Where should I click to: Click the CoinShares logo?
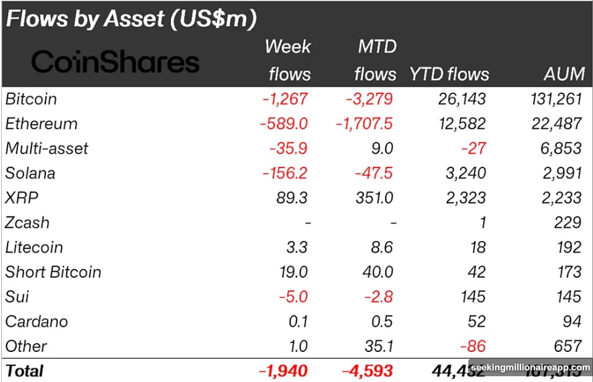click(115, 61)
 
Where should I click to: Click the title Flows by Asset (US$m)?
click(131, 19)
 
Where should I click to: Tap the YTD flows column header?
click(449, 74)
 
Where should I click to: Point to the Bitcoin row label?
click(31, 99)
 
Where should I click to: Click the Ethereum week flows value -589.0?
click(285, 123)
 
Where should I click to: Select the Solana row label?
click(30, 173)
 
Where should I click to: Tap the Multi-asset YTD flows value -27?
click(475, 148)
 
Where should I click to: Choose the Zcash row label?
click(27, 223)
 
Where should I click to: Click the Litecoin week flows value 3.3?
click(297, 248)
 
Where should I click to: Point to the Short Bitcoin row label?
click(53, 272)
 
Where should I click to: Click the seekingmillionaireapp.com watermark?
click(529, 368)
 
